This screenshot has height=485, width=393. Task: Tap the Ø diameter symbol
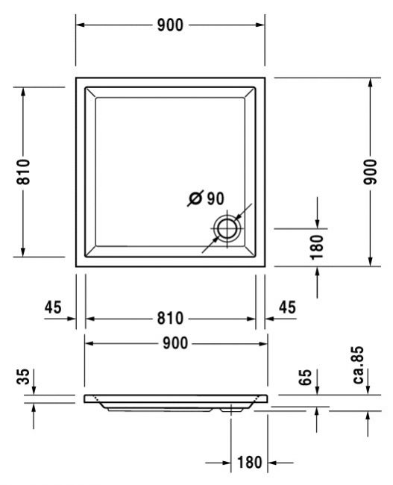coord(195,198)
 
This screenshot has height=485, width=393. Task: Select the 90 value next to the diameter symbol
coord(216,198)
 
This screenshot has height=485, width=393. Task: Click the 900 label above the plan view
coord(170,25)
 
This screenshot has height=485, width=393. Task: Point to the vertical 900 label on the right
coord(370,172)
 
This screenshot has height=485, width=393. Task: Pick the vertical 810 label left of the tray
coord(23,172)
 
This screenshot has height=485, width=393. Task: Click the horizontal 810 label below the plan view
coord(170,319)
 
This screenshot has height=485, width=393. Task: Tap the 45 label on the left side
coord(53,307)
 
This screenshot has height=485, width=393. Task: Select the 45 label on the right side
coord(287,307)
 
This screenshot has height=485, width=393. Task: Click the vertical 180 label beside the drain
coord(317,247)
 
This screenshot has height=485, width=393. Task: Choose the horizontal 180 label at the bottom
coord(250,463)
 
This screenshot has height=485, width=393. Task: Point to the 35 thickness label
coord(23,376)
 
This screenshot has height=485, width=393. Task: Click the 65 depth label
coord(306,377)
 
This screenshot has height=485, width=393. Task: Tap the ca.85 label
coord(358,365)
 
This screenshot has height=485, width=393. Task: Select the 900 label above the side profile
coord(175,343)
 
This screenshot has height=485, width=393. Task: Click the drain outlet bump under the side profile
coord(232,410)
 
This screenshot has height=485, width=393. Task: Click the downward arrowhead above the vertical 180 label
coord(317,224)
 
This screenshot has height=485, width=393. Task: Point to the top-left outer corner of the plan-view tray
coord(76,78)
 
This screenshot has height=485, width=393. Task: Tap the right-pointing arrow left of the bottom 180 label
coord(218,463)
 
